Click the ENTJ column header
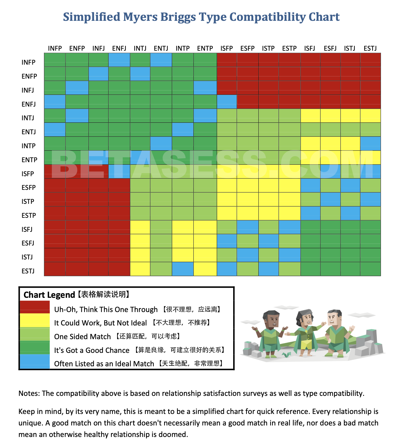pyautogui.click(x=161, y=48)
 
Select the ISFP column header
pyautogui.click(x=227, y=48)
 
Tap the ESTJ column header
pyautogui.click(x=370, y=48)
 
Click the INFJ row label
pyautogui.click(x=28, y=90)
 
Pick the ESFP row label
pyautogui.click(x=28, y=187)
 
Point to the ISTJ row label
pyautogui.click(x=27, y=257)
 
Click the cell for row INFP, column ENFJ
pyautogui.click(x=119, y=60)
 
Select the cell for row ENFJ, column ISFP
pyautogui.click(x=227, y=102)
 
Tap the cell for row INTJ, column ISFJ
pyautogui.click(x=310, y=116)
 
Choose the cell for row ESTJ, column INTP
pyautogui.click(x=183, y=269)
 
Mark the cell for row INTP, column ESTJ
pyautogui.click(x=370, y=143)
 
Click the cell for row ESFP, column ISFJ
pyautogui.click(x=310, y=185)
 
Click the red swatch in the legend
pyautogui.click(x=35, y=307)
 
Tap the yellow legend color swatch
pyautogui.click(x=35, y=321)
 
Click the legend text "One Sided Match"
pyautogui.click(x=82, y=336)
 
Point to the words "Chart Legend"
pyautogui.click(x=49, y=295)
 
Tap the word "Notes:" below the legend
pyautogui.click(x=29, y=393)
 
